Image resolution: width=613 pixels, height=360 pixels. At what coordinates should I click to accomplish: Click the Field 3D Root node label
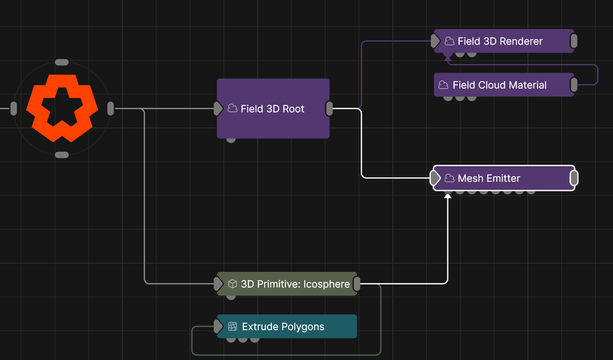click(x=272, y=109)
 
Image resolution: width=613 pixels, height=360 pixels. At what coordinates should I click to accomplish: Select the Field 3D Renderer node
click(x=504, y=41)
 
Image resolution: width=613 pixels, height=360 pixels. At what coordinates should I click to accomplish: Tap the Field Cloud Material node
click(x=504, y=85)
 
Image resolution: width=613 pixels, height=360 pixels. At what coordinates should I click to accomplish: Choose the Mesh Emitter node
click(x=504, y=178)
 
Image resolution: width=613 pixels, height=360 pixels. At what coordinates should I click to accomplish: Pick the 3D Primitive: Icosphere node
click(x=287, y=284)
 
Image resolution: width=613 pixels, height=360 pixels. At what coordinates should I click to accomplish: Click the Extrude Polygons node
click(x=287, y=326)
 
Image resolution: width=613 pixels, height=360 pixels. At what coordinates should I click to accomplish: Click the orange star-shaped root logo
click(x=62, y=109)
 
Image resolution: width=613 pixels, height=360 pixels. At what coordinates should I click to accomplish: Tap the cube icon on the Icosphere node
click(x=232, y=284)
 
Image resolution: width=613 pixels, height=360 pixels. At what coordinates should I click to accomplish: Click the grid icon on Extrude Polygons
click(x=232, y=326)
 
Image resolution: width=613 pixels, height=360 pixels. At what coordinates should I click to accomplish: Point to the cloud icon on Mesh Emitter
click(x=449, y=178)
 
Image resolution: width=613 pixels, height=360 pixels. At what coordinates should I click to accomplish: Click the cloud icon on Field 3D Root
click(x=232, y=108)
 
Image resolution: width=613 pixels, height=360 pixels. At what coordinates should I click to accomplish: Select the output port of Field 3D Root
click(x=329, y=109)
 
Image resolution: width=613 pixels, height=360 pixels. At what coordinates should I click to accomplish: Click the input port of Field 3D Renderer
click(x=435, y=41)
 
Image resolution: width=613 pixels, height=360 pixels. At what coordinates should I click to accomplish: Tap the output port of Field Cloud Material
click(x=574, y=85)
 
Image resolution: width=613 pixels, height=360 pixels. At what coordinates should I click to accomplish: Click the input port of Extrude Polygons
click(x=218, y=326)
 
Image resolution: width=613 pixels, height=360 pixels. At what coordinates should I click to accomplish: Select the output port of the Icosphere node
click(x=357, y=284)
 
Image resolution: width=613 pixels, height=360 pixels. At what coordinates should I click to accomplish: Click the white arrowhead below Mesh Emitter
click(x=448, y=196)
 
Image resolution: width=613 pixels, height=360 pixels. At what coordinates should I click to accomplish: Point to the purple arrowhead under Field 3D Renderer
click(x=448, y=59)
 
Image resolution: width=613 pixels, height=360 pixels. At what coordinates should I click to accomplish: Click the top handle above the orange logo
click(x=62, y=63)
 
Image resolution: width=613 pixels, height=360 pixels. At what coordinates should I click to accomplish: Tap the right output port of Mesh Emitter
click(x=574, y=178)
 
